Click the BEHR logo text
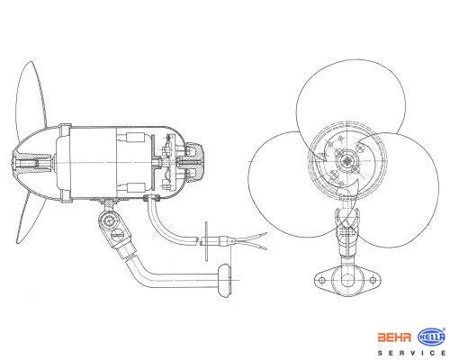click(394, 337)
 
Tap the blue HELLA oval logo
click(431, 337)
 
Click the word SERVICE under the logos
click(411, 353)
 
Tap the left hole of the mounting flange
click(321, 281)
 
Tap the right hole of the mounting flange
click(373, 281)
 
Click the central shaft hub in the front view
click(346, 161)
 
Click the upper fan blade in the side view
click(31, 99)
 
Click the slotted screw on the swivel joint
click(117, 235)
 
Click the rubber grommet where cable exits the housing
click(151, 198)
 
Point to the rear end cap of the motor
click(196, 162)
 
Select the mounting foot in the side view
click(224, 281)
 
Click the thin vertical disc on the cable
click(206, 241)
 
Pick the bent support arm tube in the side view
click(168, 274)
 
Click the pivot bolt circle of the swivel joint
click(108, 221)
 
